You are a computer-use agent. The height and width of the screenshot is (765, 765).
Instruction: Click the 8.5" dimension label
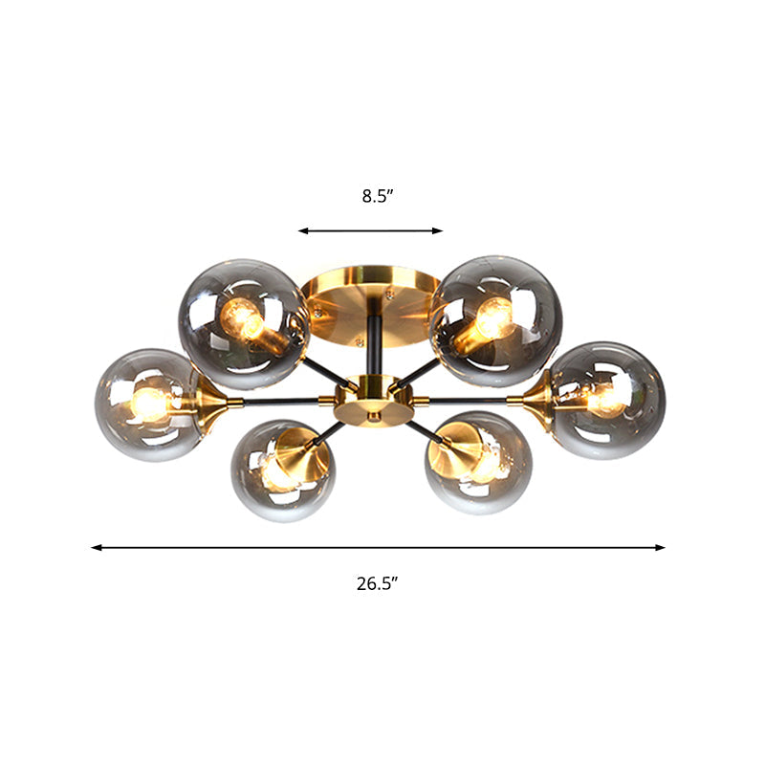tap(378, 196)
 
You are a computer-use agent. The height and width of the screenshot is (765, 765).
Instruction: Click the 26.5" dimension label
tap(378, 583)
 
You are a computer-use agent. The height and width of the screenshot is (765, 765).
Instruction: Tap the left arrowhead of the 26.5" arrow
tap(96, 548)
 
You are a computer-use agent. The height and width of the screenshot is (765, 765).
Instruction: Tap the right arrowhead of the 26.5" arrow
tap(660, 548)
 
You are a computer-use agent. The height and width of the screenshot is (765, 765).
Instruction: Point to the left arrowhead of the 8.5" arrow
tap(302, 230)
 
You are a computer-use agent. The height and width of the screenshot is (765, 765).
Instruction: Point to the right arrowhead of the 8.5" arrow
tap(439, 230)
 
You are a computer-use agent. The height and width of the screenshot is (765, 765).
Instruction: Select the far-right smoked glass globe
tap(609, 400)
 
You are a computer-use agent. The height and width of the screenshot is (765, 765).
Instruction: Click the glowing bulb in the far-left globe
tap(149, 404)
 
